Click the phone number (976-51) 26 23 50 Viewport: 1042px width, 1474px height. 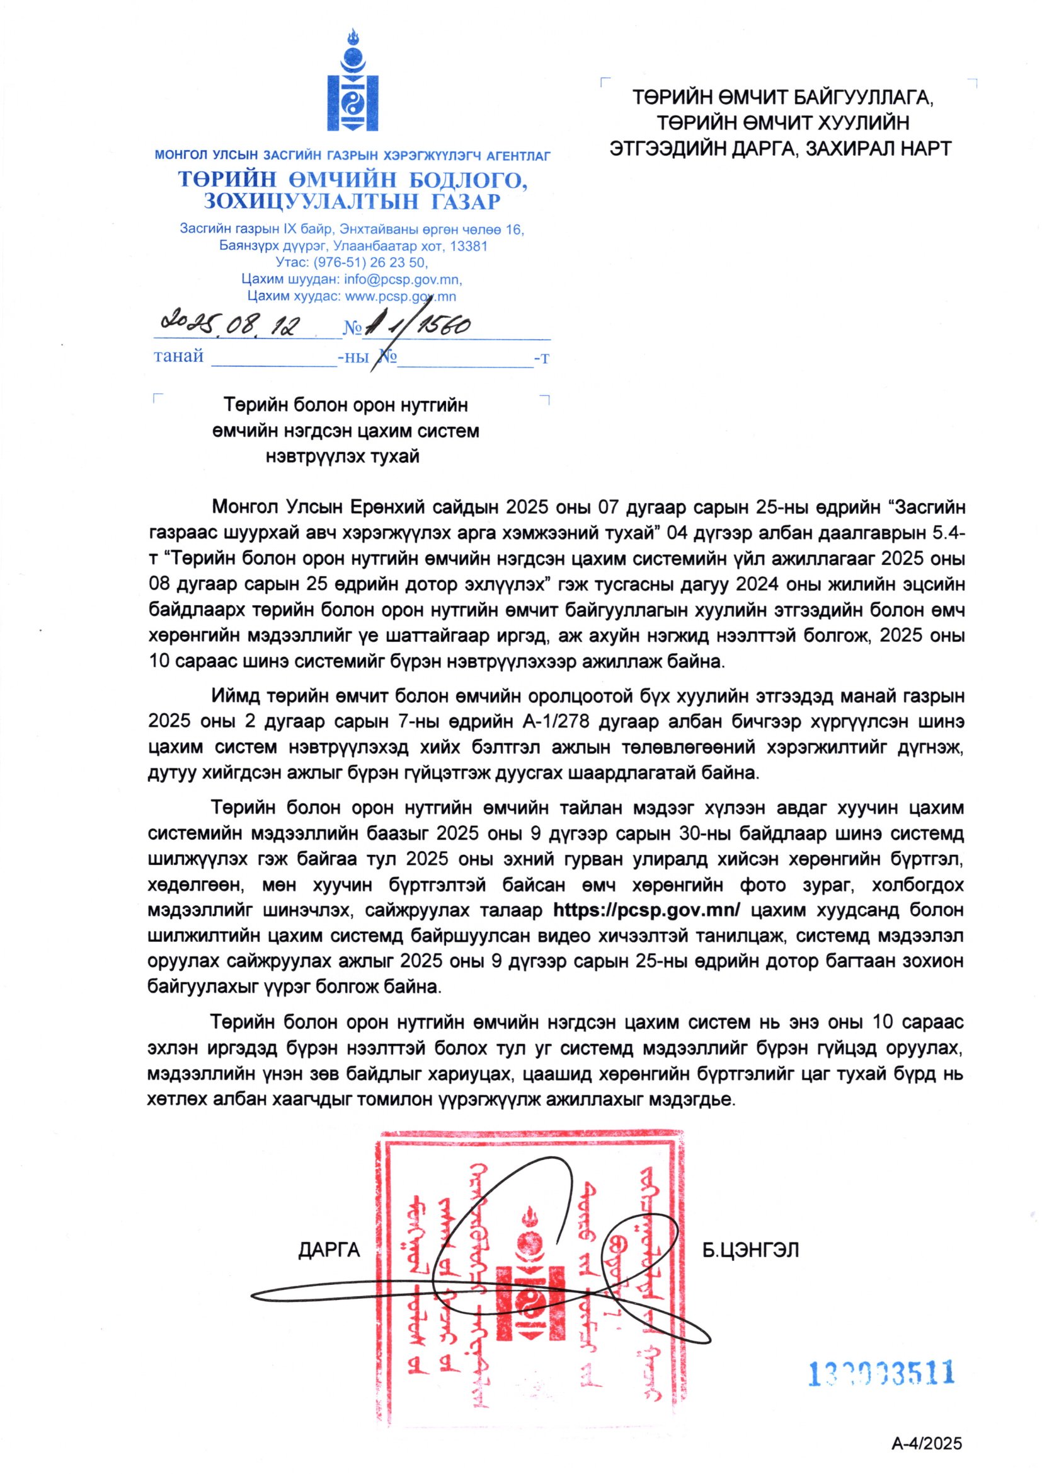point(374,262)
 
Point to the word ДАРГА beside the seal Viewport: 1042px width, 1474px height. point(329,1250)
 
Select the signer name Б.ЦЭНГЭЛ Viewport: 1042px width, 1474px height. point(751,1250)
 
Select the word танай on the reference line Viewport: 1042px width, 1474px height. point(178,356)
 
